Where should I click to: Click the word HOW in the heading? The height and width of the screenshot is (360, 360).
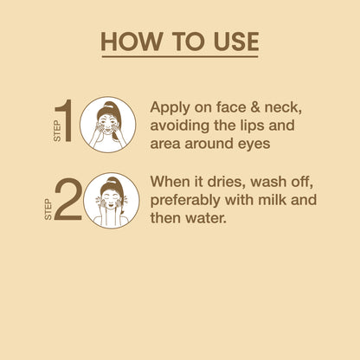click(x=132, y=42)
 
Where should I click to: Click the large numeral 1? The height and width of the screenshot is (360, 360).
click(x=64, y=120)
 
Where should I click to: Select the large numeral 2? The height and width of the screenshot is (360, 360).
click(x=68, y=199)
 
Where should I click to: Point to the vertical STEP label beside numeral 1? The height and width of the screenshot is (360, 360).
click(x=57, y=131)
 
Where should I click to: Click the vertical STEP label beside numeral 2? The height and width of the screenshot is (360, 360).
click(x=48, y=209)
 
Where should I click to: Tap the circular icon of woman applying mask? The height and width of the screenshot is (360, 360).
click(x=107, y=125)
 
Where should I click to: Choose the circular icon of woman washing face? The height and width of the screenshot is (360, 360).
click(x=112, y=201)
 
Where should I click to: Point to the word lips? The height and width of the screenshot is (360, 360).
click(x=252, y=126)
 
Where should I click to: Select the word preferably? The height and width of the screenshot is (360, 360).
click(x=185, y=201)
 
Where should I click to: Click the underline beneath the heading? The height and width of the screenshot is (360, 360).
click(x=180, y=56)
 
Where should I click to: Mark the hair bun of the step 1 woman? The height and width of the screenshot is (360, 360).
click(x=108, y=105)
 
